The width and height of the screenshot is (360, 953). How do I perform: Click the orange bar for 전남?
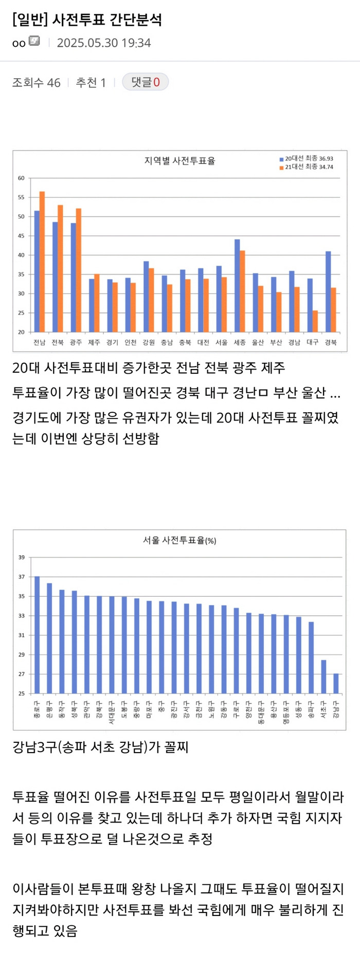coord(42,262)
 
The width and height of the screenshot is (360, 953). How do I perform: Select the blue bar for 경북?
coord(328,291)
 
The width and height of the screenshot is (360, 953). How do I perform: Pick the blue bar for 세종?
coord(237,285)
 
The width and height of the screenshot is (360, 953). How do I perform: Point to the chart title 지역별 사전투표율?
coord(179,161)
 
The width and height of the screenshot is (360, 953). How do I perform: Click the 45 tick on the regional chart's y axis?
coord(21,236)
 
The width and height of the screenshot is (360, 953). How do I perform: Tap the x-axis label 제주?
coord(94,342)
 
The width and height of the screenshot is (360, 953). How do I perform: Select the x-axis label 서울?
coord(221,342)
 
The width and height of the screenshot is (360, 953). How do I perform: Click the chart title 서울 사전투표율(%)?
coord(179,540)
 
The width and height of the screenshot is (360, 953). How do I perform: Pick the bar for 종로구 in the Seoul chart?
coord(37,635)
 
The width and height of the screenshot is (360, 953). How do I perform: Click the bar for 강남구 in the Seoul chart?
coord(336,683)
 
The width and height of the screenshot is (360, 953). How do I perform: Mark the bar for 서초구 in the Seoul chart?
coord(323,676)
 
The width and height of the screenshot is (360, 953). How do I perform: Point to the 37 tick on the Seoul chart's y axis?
coord(22,577)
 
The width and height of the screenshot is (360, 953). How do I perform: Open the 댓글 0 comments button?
coord(145,82)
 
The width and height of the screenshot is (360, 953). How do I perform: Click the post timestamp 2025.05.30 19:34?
coord(104,43)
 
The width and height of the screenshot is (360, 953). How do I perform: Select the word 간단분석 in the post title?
coord(136,20)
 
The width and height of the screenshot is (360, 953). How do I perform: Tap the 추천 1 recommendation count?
coord(91,83)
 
